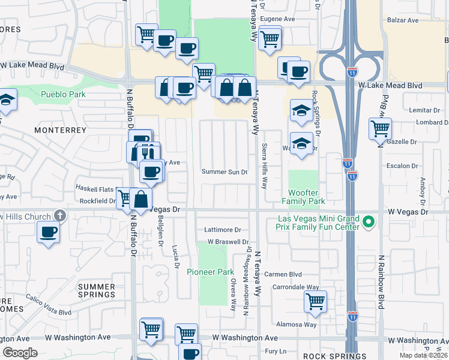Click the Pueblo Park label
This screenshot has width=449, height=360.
[x=63, y=94]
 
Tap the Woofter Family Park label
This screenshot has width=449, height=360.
[x=304, y=197]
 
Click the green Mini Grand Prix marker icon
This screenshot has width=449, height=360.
[x=369, y=223]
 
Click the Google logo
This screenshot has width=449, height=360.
[x=20, y=352]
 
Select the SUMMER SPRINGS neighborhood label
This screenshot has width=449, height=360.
[x=96, y=290]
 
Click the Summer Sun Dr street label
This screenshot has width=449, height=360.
[x=225, y=172]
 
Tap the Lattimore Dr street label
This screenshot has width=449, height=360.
[x=222, y=230]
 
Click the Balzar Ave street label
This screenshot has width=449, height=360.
[x=403, y=20]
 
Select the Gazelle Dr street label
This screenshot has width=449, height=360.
[x=404, y=142]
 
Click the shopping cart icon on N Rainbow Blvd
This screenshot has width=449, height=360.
[x=380, y=128]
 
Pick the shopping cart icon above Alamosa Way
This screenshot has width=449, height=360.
[x=315, y=301]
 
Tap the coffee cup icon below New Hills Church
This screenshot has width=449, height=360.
[x=48, y=232]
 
